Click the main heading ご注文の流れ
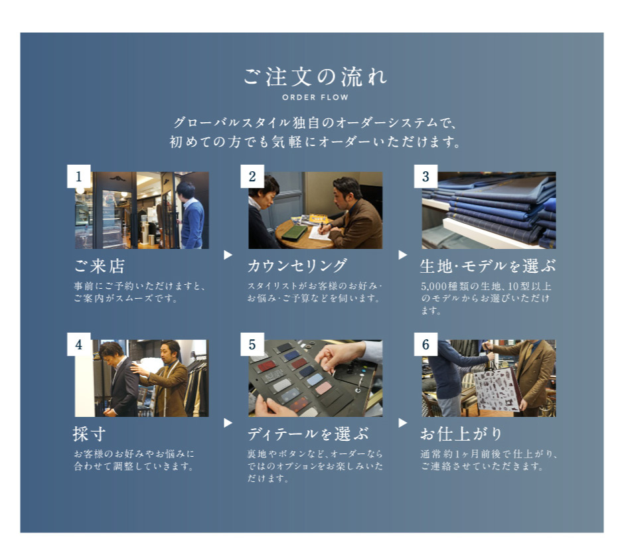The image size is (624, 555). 315,77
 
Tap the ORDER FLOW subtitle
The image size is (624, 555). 315,98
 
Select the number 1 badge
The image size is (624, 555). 79,176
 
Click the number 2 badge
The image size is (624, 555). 252,176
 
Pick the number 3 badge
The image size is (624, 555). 426,176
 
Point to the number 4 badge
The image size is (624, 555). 79,345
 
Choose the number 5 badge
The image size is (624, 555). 252,345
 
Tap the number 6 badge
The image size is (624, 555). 426,345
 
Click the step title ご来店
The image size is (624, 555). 100,266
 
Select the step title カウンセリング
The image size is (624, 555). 297,266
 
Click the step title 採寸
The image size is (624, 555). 89,434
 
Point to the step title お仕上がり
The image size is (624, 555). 461,434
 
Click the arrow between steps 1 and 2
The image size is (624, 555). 228,255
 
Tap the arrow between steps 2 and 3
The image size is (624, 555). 403,255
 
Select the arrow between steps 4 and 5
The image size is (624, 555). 228,422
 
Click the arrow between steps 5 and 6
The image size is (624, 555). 403,422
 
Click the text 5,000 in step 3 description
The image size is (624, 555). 431,286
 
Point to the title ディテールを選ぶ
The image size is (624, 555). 308,434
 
